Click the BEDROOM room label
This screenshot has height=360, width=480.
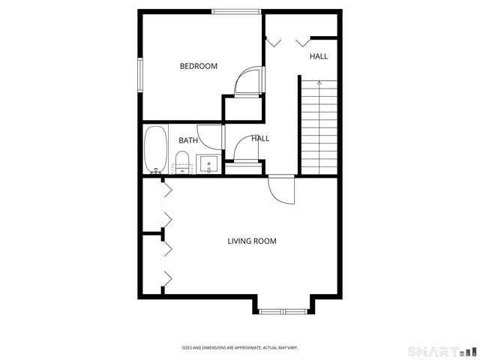coord(199,66)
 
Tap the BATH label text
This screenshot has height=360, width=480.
coord(188,140)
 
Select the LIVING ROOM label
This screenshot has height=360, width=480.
coord(252,241)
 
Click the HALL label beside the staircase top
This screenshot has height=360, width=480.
coord(319,56)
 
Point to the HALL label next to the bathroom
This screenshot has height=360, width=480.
coord(260,138)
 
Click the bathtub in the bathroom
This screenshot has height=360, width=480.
coord(156,149)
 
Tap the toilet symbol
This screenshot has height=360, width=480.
coord(181,160)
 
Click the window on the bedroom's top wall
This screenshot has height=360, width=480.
coord(236,11)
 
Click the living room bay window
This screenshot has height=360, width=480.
coord(281,309)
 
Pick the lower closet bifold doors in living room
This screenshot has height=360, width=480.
coord(166,264)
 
